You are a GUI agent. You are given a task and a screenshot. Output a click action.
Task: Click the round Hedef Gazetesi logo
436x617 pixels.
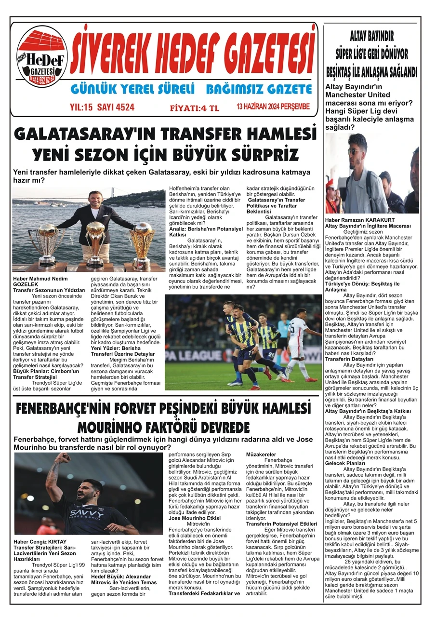(42, 57)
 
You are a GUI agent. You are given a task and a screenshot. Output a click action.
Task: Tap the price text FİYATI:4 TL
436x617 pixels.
(194, 108)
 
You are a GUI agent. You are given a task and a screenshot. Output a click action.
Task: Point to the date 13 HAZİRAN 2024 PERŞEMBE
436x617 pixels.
(273, 107)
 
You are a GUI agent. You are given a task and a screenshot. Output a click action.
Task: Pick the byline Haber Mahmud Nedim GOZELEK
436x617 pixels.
(44, 282)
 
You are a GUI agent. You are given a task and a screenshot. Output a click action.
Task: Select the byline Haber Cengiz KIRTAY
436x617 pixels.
(40, 541)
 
